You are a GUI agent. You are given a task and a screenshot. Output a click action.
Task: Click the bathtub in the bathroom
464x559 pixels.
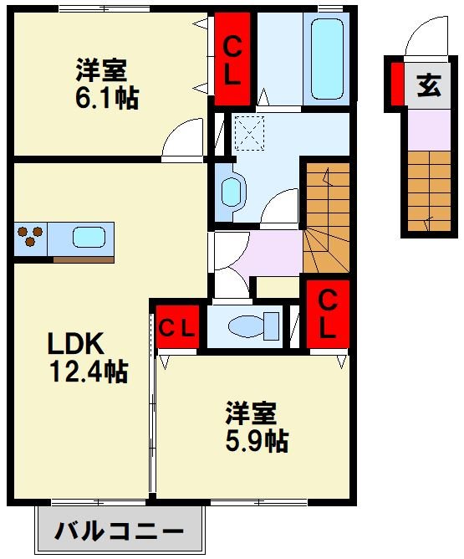[327, 59]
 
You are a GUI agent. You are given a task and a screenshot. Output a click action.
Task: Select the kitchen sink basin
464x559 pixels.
[89, 237]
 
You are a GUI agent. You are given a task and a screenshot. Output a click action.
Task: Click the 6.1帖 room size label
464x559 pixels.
[107, 98]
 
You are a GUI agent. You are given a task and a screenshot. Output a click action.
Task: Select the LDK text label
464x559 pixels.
[76, 343]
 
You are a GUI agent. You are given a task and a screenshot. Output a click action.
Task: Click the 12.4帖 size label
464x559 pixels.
[89, 372]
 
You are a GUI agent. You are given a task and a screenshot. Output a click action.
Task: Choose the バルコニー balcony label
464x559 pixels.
[119, 531]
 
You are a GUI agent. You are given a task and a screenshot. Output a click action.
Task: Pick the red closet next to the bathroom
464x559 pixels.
[232, 59]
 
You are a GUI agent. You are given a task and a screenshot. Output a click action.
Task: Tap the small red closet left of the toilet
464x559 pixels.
[177, 326]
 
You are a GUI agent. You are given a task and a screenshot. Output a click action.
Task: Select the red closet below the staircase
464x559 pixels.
[328, 314]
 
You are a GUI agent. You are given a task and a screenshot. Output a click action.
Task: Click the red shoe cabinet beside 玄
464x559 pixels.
[397, 85]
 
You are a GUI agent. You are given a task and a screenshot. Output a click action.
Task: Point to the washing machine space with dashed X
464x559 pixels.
[249, 133]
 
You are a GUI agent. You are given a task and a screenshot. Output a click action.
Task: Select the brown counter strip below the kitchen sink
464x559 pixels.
[84, 259]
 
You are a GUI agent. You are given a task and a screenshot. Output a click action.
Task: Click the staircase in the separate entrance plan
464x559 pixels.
[429, 191]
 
